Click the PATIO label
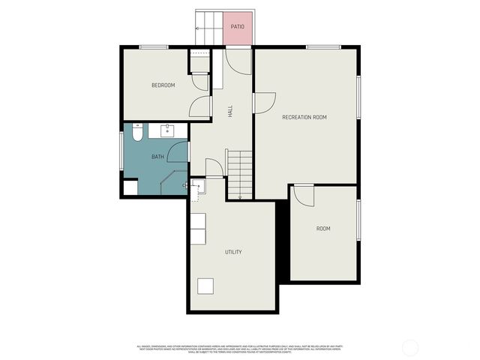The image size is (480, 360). coord(238,25)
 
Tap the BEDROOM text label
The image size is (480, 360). coord(163,85)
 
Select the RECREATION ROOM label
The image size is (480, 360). coord(304,118)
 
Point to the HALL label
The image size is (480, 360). coord(230,111)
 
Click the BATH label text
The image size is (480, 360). coord(157,157)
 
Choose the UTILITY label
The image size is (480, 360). coord(233,252)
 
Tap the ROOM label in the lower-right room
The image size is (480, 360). coord(323,229)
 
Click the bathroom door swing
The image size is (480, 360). coord(178,152)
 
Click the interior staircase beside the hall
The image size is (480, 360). coord(240,174)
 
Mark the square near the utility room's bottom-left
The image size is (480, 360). coord(205,286)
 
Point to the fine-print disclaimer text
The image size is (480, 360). coord(238,349)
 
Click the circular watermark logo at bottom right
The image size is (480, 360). coord(410,348)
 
